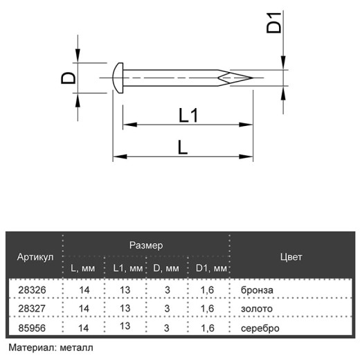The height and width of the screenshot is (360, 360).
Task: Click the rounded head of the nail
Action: coord(118,78)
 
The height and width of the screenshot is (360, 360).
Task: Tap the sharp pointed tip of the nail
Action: coord(253,78)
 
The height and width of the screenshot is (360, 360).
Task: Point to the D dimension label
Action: coord(69,78)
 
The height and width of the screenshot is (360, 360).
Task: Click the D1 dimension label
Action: coord(274,23)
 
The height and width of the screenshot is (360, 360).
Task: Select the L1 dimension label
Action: coord(188,116)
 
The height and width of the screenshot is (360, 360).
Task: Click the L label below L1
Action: coord(183,147)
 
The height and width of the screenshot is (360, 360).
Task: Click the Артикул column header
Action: coord(35,257)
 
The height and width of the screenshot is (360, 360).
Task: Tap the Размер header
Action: coord(146,245)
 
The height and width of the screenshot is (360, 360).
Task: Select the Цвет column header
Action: coord(291,257)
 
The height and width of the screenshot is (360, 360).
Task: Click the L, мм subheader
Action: coord(82,268)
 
